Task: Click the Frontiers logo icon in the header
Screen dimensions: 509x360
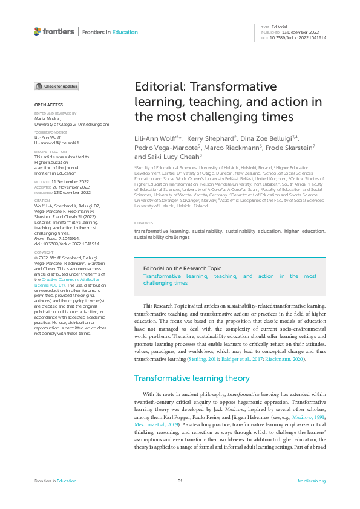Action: tap(38, 31)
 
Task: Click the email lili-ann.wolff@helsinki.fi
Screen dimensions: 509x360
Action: tap(56, 143)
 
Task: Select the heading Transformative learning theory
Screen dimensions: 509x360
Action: tap(192, 378)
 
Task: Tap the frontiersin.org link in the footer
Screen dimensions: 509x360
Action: tap(312, 481)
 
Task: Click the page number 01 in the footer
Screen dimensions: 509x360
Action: tap(180, 481)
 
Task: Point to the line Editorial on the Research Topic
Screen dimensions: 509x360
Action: tap(182, 268)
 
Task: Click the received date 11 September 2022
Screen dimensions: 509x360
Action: tap(71, 181)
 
